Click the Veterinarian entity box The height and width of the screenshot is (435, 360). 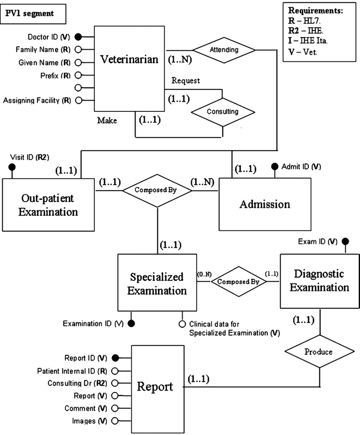coord(129,68)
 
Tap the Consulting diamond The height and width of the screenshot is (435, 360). coord(223,112)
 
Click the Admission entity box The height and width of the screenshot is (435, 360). coord(265,204)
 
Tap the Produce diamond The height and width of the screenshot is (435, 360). coord(318,351)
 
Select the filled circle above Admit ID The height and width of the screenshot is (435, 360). coord(274,166)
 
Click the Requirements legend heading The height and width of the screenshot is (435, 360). coord(315,10)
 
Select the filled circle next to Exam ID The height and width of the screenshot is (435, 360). coord(346,242)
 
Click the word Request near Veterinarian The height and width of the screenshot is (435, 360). coord(186,80)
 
